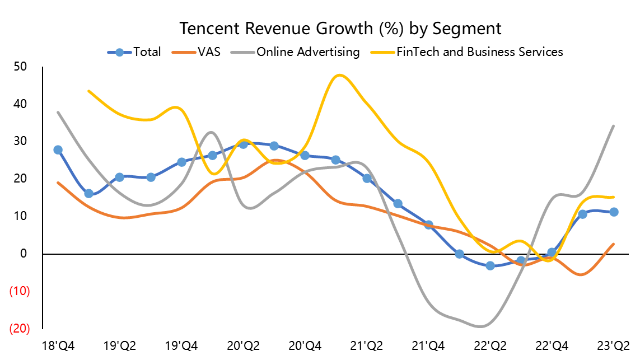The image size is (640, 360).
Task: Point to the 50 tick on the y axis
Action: click(x=21, y=67)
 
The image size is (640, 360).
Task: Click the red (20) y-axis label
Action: click(x=19, y=328)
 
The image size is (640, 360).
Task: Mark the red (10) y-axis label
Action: click(x=19, y=291)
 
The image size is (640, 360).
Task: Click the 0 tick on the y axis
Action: click(x=24, y=254)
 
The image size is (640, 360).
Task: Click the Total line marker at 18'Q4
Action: click(x=58, y=150)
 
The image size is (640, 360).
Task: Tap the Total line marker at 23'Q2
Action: click(x=614, y=212)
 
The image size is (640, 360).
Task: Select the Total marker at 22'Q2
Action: click(x=490, y=265)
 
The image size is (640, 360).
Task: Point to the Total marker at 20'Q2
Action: click(x=243, y=144)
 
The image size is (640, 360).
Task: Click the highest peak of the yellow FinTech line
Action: click(x=339, y=75)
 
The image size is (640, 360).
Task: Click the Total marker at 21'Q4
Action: click(x=428, y=225)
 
